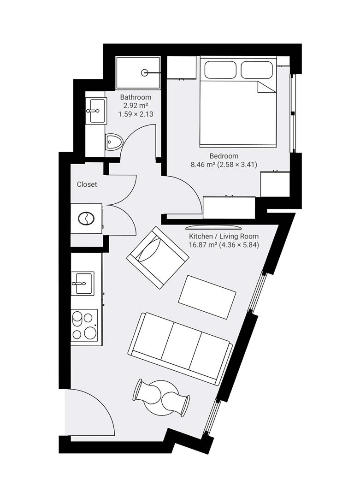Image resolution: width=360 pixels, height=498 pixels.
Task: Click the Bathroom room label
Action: click(x=136, y=97)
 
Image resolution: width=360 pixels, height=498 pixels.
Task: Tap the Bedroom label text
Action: click(x=224, y=156)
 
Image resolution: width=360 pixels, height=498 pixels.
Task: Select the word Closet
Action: click(x=87, y=184)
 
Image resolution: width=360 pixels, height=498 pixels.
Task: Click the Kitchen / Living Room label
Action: click(x=224, y=236)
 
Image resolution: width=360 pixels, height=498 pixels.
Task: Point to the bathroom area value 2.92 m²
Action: click(x=136, y=106)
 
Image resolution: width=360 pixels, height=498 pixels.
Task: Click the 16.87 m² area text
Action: click(x=203, y=245)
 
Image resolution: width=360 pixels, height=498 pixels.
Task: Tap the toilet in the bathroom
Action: click(x=113, y=142)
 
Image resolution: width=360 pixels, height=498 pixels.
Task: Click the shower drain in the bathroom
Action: click(x=144, y=73)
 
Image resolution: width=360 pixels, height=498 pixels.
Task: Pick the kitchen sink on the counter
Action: click(x=83, y=283)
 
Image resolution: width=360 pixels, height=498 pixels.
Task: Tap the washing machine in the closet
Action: click(x=86, y=219)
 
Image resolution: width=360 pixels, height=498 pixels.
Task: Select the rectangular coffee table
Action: click(x=207, y=297)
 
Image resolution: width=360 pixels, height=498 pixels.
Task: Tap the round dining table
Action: click(x=162, y=397)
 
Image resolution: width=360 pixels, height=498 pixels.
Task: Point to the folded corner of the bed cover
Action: click(x=266, y=87)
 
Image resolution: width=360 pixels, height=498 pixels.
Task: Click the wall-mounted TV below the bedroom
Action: click(x=214, y=227)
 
